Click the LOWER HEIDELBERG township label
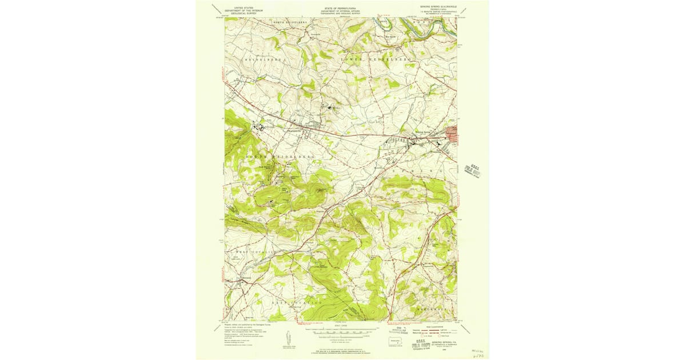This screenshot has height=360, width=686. click(x=375, y=59)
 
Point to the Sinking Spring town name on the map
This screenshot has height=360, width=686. click(x=424, y=132)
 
